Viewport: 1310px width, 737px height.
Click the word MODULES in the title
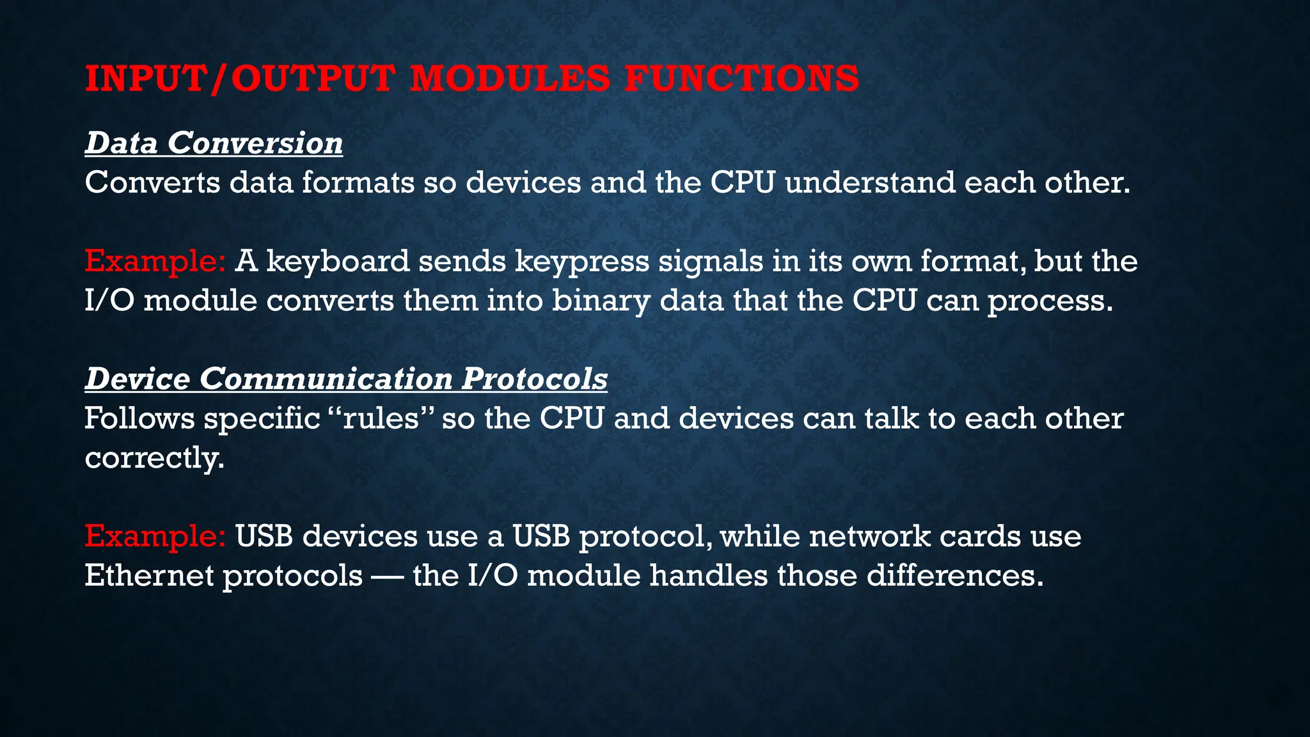[510, 79]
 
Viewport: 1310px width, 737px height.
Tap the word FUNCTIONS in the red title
[741, 79]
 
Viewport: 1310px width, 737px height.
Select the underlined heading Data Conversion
[214, 143]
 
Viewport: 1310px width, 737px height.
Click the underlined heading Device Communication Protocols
[346, 378]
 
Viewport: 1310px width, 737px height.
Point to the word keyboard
[338, 261]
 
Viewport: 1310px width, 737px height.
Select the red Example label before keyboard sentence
[155, 261]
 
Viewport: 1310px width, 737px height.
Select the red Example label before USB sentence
[155, 536]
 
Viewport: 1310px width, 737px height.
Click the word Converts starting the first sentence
[152, 183]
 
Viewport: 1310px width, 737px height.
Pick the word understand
[869, 183]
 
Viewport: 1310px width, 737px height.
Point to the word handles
[708, 575]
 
